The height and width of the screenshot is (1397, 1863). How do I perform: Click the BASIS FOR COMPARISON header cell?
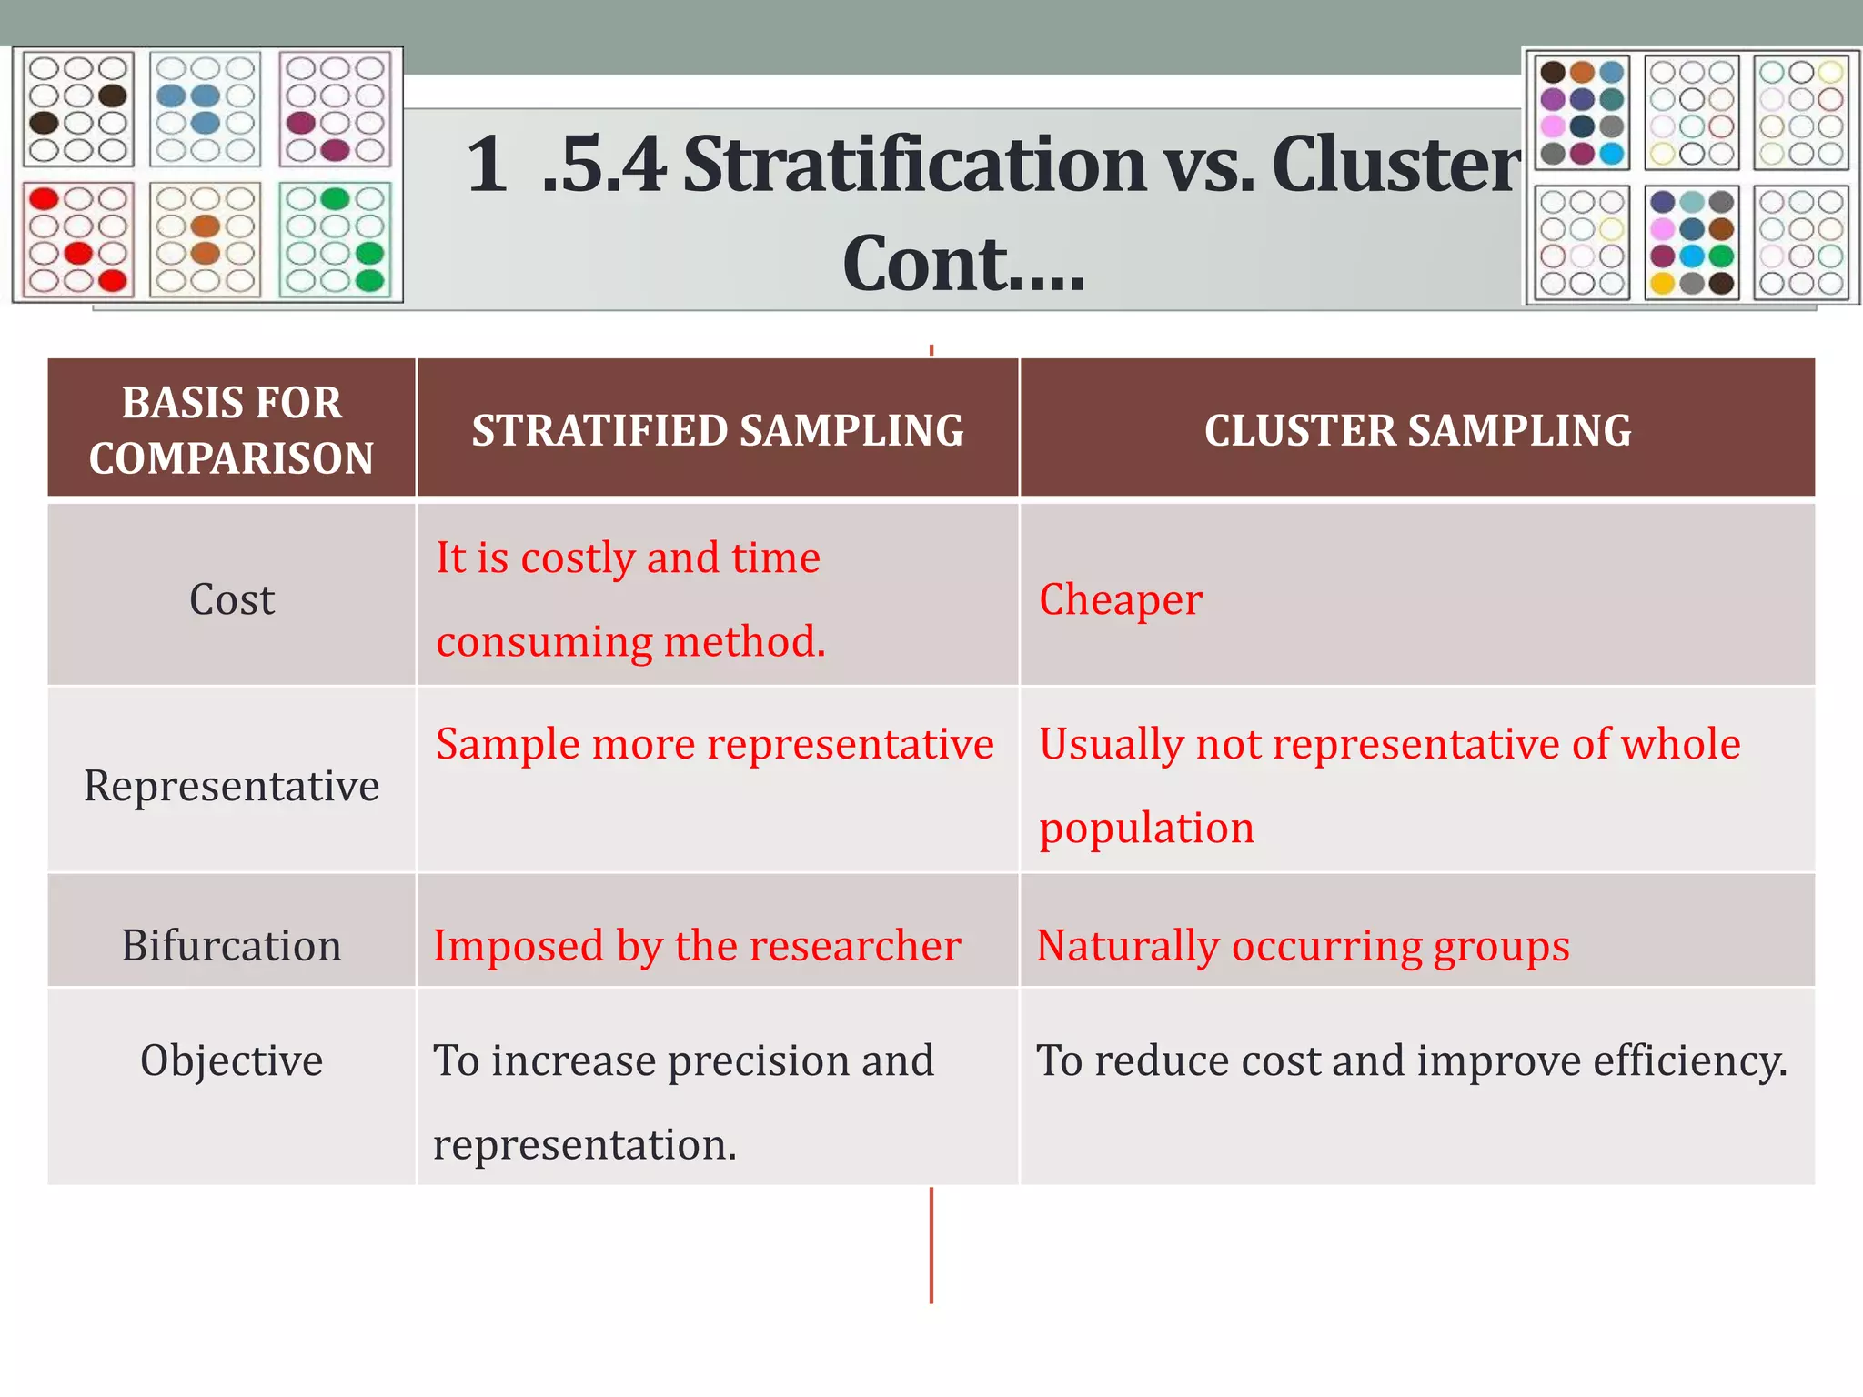[x=231, y=429]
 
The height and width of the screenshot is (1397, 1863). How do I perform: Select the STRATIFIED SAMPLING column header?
[x=717, y=430]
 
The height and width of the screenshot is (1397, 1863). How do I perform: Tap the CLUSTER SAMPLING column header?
[x=1417, y=430]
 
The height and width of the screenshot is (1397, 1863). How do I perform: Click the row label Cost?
[x=231, y=600]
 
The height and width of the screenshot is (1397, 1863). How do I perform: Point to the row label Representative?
[x=231, y=786]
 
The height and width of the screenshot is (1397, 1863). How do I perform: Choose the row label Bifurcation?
[x=231, y=946]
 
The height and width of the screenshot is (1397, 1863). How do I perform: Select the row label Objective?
[x=231, y=1060]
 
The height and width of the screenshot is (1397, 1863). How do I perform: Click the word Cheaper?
[x=1120, y=600]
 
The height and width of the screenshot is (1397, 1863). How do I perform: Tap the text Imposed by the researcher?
[x=697, y=946]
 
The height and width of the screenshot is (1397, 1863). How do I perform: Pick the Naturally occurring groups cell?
[x=1303, y=946]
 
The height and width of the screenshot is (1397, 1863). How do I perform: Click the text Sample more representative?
[x=714, y=744]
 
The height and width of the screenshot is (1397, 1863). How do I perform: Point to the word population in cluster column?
[x=1146, y=829]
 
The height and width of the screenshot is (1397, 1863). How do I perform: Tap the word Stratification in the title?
[x=914, y=166]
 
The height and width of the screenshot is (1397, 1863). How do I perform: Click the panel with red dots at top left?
[x=78, y=240]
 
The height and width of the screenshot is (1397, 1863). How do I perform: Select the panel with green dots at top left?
[x=335, y=240]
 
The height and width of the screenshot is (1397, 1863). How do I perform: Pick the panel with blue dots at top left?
[x=206, y=109]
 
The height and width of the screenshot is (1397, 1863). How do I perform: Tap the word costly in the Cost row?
[x=578, y=558]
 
